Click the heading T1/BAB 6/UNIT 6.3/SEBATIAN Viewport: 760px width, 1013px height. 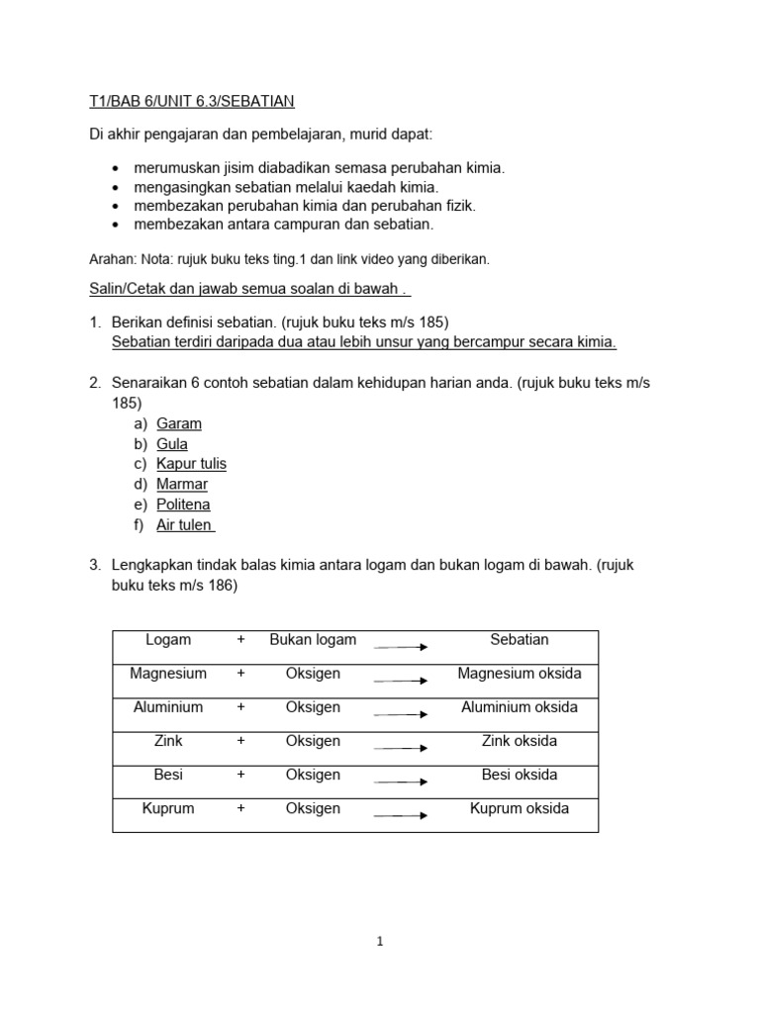coord(186,101)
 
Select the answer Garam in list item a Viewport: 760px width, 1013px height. coord(179,423)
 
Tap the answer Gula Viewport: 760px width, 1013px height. coord(172,444)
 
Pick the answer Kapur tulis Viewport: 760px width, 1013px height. coord(191,464)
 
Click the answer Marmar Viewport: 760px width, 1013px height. coord(182,485)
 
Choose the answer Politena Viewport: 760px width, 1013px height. coord(183,505)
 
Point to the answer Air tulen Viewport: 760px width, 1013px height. coord(185,525)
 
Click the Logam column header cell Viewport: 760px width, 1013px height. coord(168,640)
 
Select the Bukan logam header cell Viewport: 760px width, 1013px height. coord(313,640)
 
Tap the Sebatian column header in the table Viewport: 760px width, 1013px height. coord(520,640)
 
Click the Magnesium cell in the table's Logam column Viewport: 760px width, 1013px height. coord(168,674)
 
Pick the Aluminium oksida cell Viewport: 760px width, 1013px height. coord(520,707)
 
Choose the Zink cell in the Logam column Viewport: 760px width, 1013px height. coord(168,741)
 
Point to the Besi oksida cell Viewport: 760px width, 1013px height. coord(520,775)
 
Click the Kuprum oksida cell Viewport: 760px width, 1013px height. coord(520,808)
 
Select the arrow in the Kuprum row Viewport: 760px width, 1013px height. coord(401,816)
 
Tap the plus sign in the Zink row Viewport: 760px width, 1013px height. coord(240,741)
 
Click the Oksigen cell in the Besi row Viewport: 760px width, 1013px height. coord(313,775)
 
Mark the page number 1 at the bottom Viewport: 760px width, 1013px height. coord(379,943)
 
